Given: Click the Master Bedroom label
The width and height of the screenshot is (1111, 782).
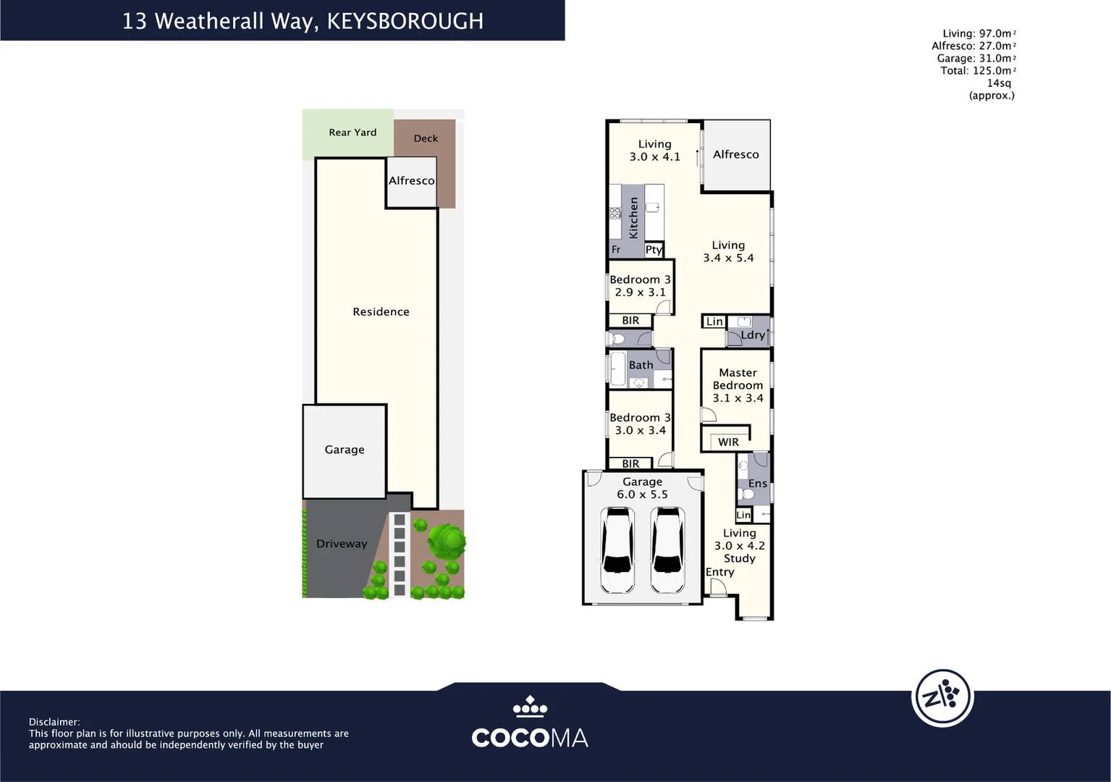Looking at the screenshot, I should point(738,379).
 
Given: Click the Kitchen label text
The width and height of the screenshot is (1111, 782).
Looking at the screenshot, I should point(633,218).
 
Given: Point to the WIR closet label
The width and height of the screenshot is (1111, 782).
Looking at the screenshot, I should point(728,442).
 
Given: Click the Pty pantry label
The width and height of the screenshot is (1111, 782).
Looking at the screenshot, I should point(654,250).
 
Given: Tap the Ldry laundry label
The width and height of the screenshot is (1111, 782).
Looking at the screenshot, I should point(753,335).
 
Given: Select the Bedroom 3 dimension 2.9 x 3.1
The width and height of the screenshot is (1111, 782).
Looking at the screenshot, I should point(640,293).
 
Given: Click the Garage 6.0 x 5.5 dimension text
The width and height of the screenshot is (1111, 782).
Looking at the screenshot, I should point(642,495).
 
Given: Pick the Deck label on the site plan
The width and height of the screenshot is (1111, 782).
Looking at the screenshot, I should point(426,138).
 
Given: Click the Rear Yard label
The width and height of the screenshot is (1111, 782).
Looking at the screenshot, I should point(352,133).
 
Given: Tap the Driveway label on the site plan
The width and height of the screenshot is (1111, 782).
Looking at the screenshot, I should point(342,544).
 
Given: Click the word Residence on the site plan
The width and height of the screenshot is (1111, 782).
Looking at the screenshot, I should point(381,312).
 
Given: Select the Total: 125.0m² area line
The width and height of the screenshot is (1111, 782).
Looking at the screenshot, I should point(977,71).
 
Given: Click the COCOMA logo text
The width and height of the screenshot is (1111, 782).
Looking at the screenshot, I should point(529,738).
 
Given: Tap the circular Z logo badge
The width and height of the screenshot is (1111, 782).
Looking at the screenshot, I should point(942,698).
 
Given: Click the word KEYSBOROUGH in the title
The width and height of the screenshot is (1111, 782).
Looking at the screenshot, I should point(405,21).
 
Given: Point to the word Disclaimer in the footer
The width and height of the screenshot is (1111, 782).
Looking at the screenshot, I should point(54,722).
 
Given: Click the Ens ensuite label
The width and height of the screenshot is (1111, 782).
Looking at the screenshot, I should point(757,484).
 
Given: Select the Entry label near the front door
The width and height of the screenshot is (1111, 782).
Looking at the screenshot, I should point(719,572).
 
